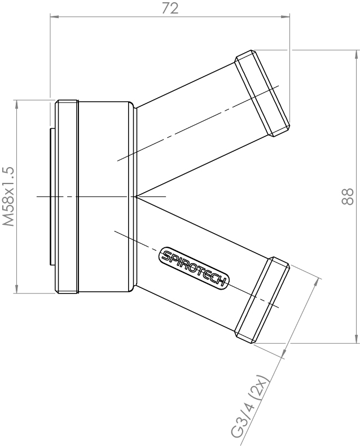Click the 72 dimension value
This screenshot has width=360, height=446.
point(170,8)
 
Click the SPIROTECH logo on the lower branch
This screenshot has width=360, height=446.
point(193,268)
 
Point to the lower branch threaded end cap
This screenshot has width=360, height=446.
point(263,299)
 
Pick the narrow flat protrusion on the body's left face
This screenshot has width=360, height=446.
point(52,196)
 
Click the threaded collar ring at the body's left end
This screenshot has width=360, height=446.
point(67,196)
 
